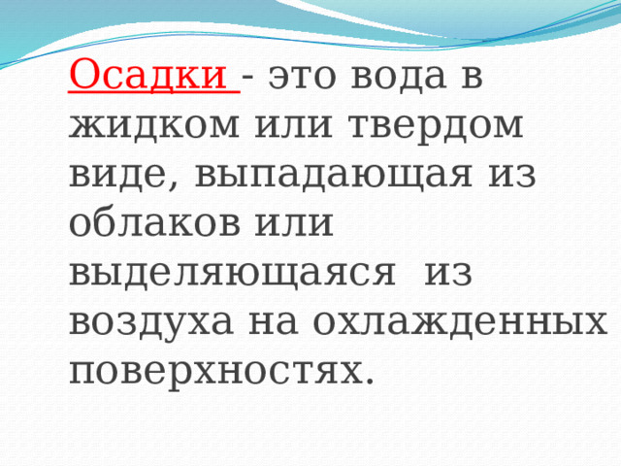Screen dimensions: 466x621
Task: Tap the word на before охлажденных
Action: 273,322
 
